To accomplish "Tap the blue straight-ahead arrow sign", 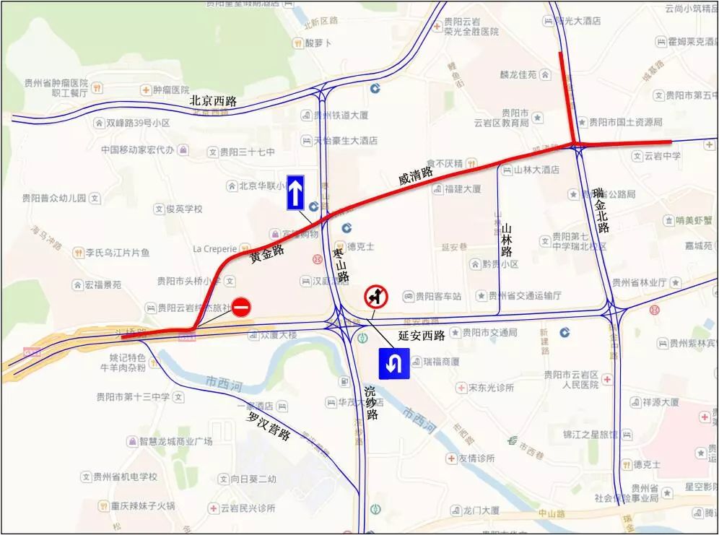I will click(295, 193).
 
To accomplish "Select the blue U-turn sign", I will click(393, 363).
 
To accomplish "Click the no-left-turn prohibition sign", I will click(375, 296).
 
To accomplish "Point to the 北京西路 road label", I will click(213, 101).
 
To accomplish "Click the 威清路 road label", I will click(415, 175).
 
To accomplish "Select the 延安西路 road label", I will click(422, 336).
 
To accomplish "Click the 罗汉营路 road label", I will click(268, 427).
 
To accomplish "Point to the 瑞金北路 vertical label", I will click(601, 210).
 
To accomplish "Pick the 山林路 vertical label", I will click(507, 241).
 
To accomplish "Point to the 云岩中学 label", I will click(662, 155).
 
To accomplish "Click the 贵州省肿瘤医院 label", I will click(55, 82).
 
